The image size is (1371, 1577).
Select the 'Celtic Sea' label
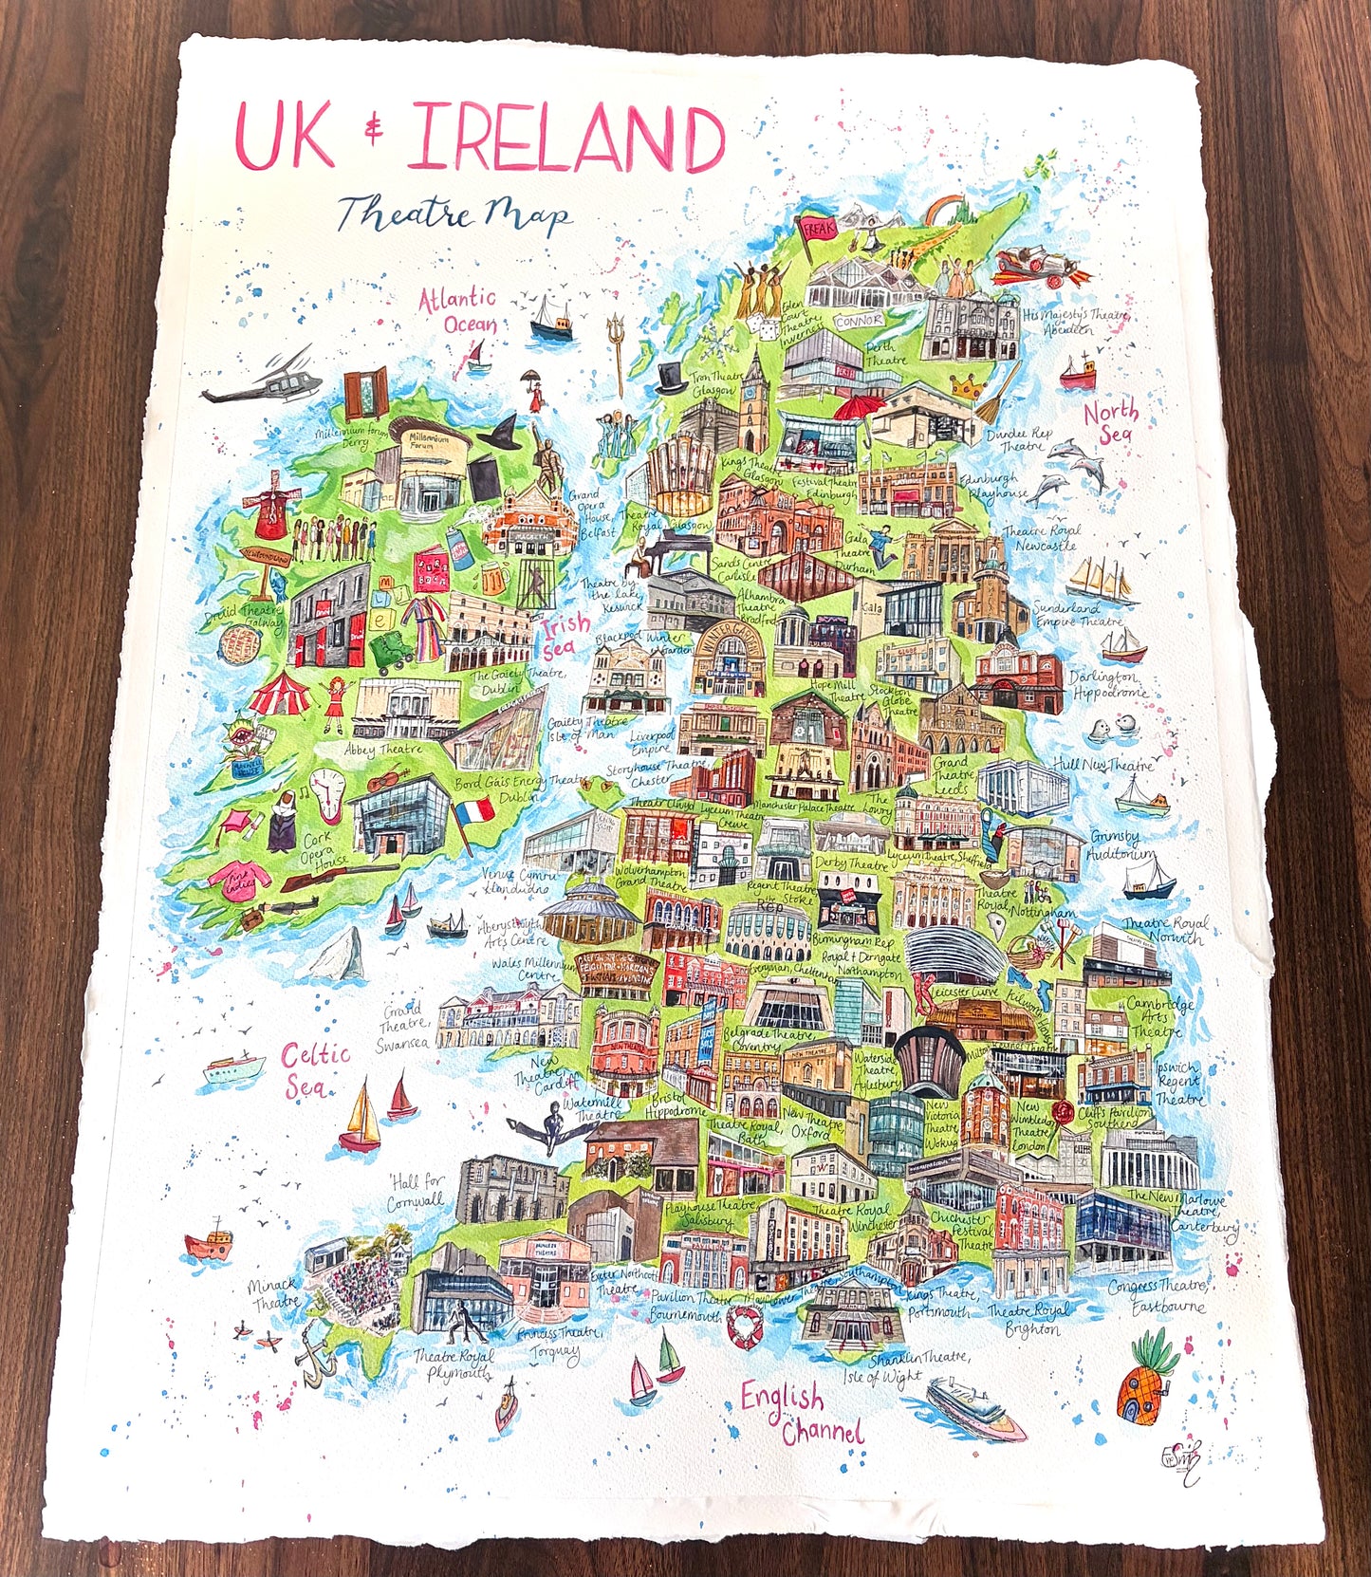315,1068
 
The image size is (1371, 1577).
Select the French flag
473,813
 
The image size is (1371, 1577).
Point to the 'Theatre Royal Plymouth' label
452,1364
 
